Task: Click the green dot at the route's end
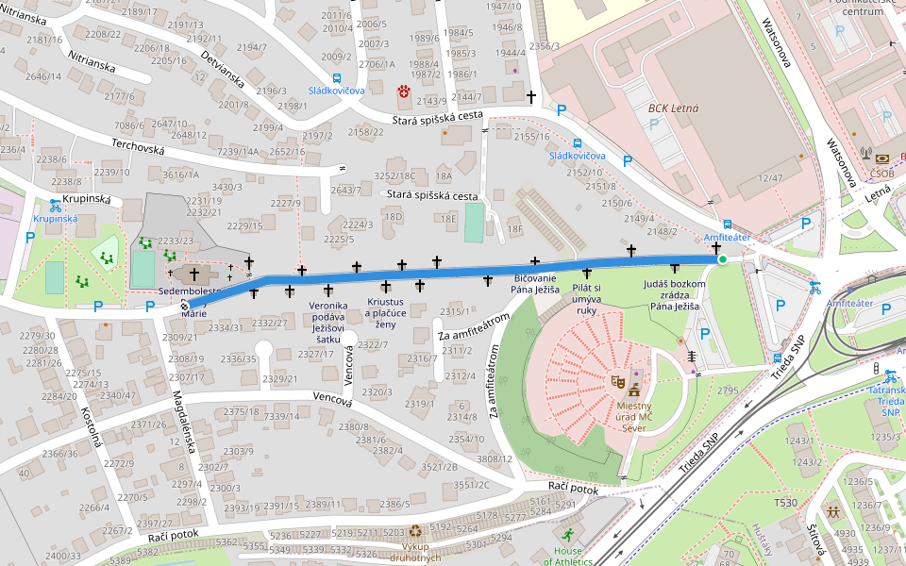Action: tap(722, 259)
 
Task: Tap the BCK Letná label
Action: tap(673, 108)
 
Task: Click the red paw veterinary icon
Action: tap(404, 91)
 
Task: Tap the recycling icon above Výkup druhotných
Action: tap(415, 531)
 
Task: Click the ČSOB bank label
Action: tap(882, 173)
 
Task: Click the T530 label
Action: tap(785, 503)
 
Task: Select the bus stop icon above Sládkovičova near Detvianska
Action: tap(337, 78)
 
